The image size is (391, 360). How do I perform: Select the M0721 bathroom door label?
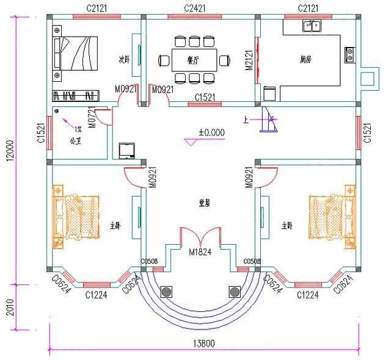click(x=92, y=119)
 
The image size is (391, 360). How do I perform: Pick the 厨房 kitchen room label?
click(x=306, y=60)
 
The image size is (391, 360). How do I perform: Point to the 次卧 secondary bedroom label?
click(x=125, y=60)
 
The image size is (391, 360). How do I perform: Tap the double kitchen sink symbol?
click(x=312, y=26)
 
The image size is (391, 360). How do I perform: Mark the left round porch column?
click(x=166, y=292)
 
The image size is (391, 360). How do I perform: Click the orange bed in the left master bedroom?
click(x=76, y=216)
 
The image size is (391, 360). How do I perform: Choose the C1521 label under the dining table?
click(x=208, y=97)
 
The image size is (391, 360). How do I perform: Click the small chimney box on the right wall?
click(x=368, y=79)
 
